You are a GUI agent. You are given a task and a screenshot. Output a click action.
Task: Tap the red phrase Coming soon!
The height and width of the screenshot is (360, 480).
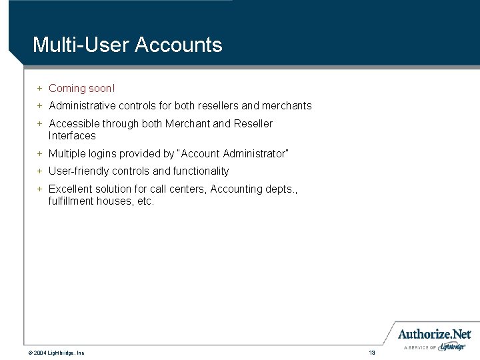click(82, 88)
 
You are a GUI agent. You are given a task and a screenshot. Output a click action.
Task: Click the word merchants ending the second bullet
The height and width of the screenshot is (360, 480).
click(287, 105)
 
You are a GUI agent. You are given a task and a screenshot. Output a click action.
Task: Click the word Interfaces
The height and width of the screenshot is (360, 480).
click(72, 135)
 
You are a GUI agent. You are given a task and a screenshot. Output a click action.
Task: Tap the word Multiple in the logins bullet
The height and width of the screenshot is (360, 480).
click(67, 153)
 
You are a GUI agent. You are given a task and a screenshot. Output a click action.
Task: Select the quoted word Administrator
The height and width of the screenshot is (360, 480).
click(256, 153)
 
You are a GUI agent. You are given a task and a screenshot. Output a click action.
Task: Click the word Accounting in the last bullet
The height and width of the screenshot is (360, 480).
click(236, 189)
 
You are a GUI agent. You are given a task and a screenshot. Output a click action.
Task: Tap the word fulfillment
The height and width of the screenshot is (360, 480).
click(71, 201)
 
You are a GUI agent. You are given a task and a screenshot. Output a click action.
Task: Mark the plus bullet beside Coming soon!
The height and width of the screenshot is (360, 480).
click(39, 88)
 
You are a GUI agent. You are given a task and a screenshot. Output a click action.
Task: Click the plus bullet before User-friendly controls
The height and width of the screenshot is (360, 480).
click(39, 171)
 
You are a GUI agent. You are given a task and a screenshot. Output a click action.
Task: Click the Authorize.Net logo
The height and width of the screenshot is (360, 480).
click(435, 335)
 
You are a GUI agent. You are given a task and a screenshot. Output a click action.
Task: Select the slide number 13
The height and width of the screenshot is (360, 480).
click(372, 352)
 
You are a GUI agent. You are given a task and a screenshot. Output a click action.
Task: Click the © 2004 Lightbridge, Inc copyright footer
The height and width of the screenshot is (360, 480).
click(56, 352)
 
